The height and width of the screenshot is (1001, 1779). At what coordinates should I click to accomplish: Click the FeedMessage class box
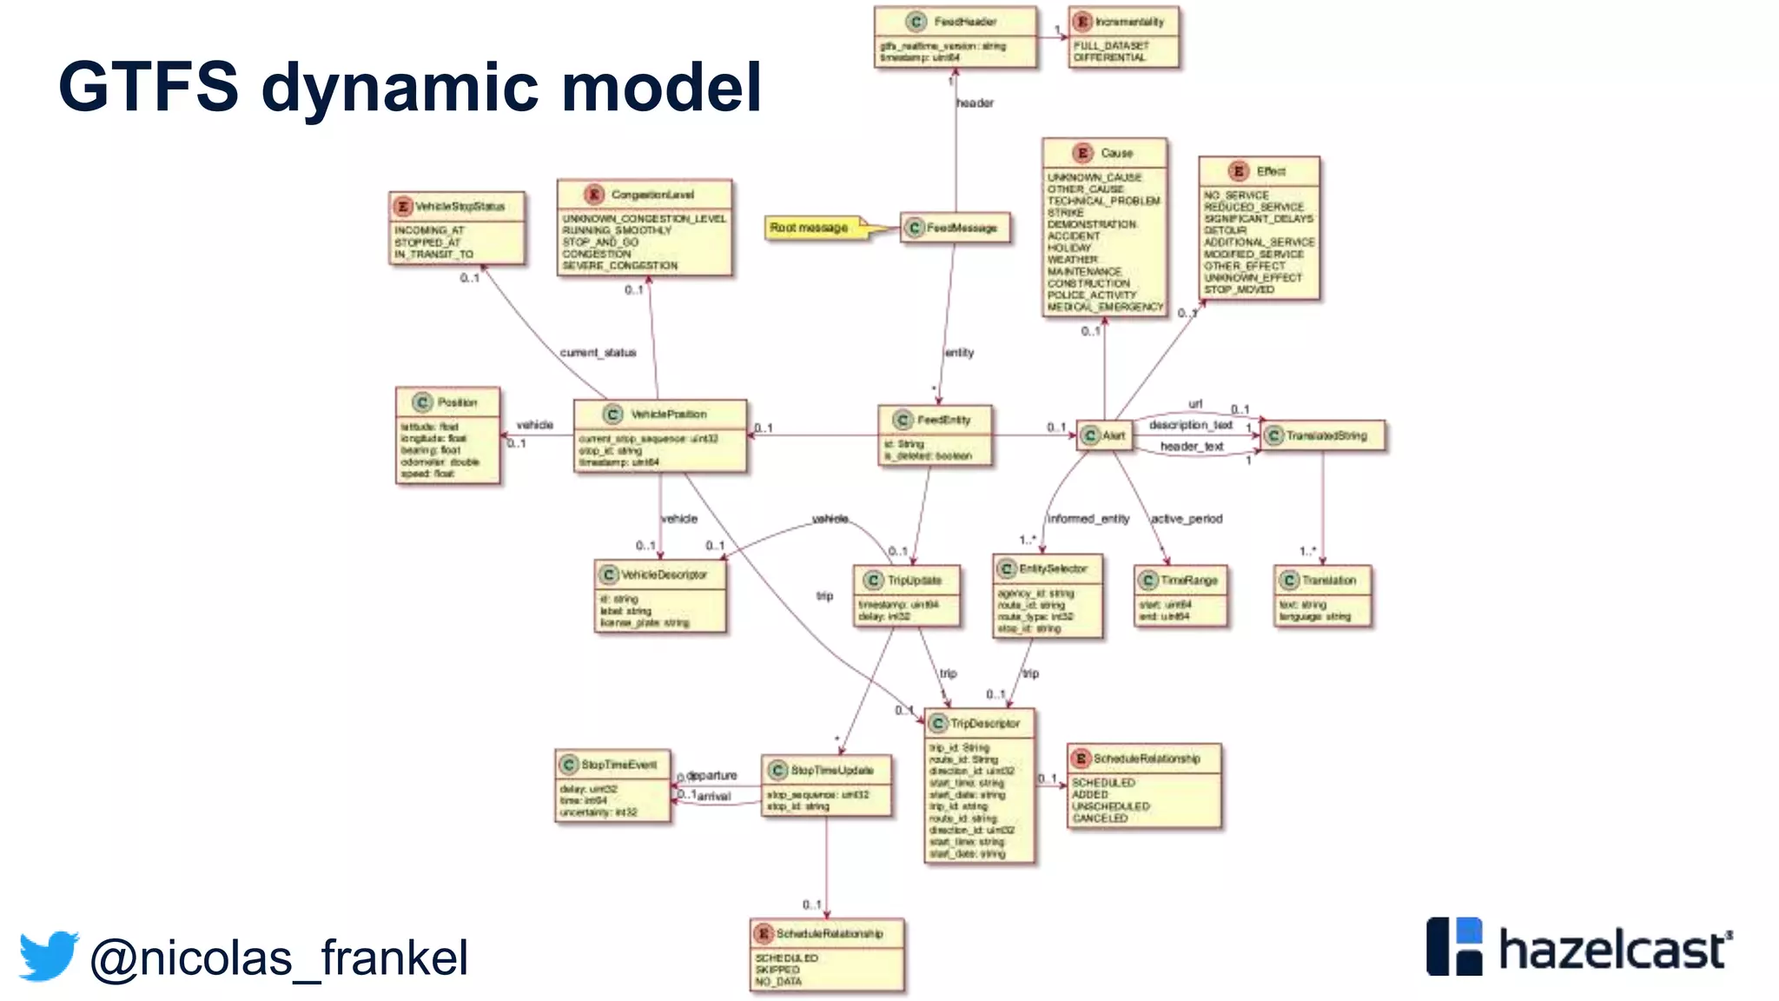coord(955,228)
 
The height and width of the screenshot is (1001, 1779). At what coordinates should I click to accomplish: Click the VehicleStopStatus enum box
coord(457,229)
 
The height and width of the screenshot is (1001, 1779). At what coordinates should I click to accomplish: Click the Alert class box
coord(1105,435)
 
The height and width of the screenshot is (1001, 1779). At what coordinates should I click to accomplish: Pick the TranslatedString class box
coord(1323,435)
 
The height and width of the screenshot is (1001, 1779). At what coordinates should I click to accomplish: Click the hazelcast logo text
coord(1612,950)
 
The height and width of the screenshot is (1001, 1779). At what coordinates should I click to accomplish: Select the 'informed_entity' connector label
coord(1088,519)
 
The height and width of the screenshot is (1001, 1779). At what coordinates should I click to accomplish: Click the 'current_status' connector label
coord(598,353)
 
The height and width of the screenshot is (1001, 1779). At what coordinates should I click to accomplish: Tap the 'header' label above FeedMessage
coord(975,103)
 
